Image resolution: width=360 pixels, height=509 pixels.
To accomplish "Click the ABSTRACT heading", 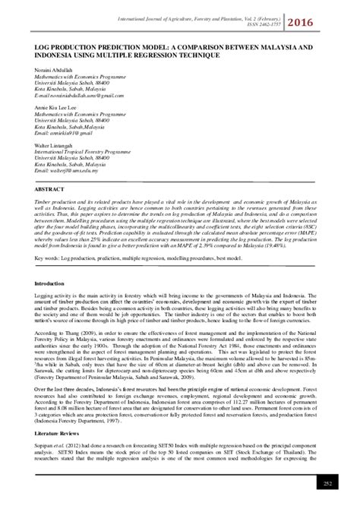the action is pos(48,187).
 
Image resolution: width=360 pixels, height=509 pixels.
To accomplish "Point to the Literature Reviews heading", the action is pos(58,428).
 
